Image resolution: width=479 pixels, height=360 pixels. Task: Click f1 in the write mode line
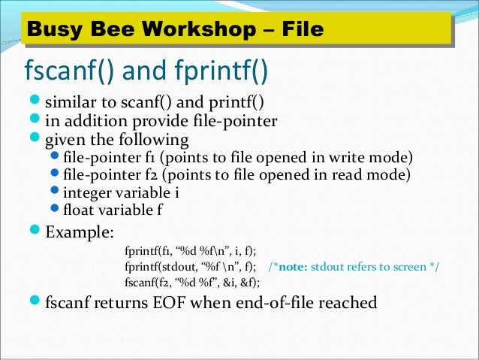[x=149, y=157]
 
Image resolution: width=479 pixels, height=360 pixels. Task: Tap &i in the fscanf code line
[x=227, y=283]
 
